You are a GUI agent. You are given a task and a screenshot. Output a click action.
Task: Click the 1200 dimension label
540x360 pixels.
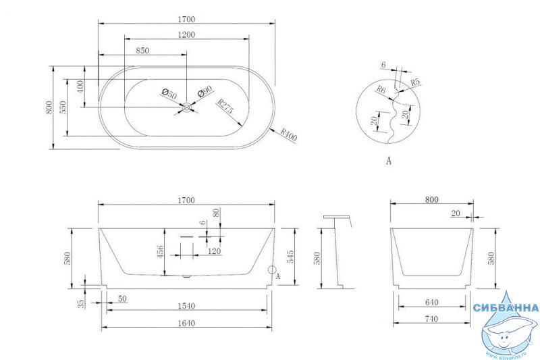(x=186, y=35)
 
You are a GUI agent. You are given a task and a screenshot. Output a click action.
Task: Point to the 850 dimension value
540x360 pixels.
(x=142, y=51)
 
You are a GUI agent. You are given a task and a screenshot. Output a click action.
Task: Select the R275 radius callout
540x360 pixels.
(x=225, y=106)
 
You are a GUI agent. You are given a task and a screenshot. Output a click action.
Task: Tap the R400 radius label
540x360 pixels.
(x=288, y=134)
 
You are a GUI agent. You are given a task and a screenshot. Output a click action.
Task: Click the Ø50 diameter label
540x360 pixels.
(x=169, y=93)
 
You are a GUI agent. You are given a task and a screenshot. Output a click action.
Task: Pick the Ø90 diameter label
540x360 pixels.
(x=205, y=92)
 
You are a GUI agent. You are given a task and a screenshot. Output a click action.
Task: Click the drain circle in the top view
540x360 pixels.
(x=187, y=107)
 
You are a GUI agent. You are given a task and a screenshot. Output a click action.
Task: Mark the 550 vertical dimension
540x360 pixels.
(x=63, y=107)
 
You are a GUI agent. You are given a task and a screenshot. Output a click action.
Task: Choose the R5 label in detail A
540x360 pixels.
(x=416, y=82)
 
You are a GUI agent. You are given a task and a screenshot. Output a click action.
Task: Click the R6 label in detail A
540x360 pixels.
(x=381, y=90)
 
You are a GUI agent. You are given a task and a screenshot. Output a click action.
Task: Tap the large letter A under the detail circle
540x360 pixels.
(x=389, y=161)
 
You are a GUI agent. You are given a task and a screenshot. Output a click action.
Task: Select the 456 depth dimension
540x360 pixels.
(x=160, y=252)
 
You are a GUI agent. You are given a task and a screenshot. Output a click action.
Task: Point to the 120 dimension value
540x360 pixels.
(x=214, y=251)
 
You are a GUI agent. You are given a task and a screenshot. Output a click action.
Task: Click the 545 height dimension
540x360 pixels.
(x=290, y=257)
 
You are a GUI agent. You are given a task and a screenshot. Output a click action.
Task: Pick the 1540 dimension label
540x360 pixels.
(x=186, y=306)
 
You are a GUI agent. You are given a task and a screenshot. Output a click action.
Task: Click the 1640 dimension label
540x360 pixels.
(x=186, y=323)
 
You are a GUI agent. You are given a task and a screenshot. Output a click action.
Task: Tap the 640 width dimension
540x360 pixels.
(x=431, y=303)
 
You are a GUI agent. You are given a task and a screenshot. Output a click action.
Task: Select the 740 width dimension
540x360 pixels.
(x=431, y=319)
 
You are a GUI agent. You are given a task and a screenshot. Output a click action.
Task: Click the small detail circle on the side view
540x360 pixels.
(x=273, y=269)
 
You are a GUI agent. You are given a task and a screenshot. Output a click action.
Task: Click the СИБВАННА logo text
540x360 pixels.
(x=506, y=307)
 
